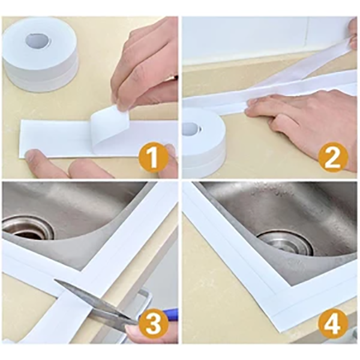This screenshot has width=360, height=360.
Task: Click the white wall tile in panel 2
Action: tap(252, 36)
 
